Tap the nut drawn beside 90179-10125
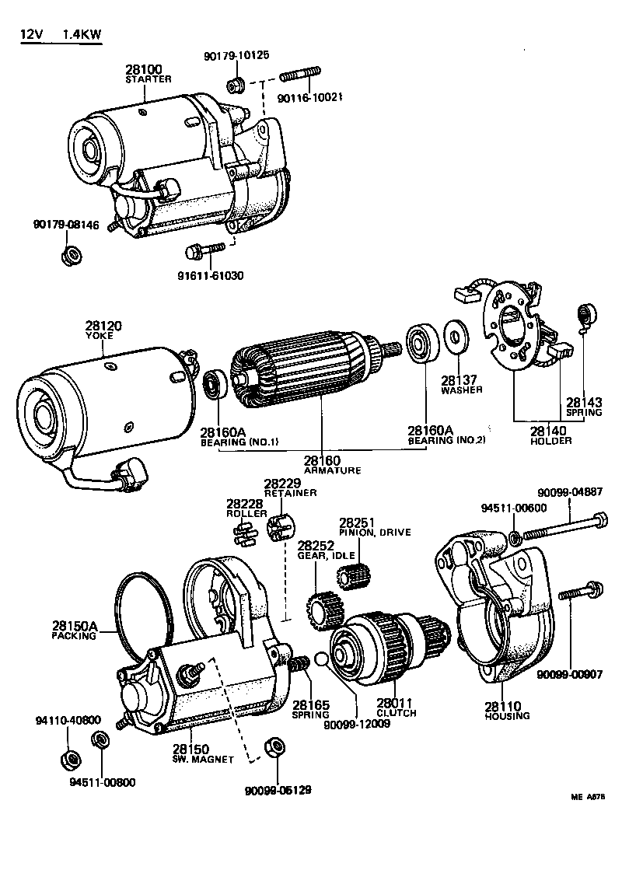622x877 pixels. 234,84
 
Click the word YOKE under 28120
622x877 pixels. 99,335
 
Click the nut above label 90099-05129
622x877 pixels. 273,748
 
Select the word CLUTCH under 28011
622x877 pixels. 397,713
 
